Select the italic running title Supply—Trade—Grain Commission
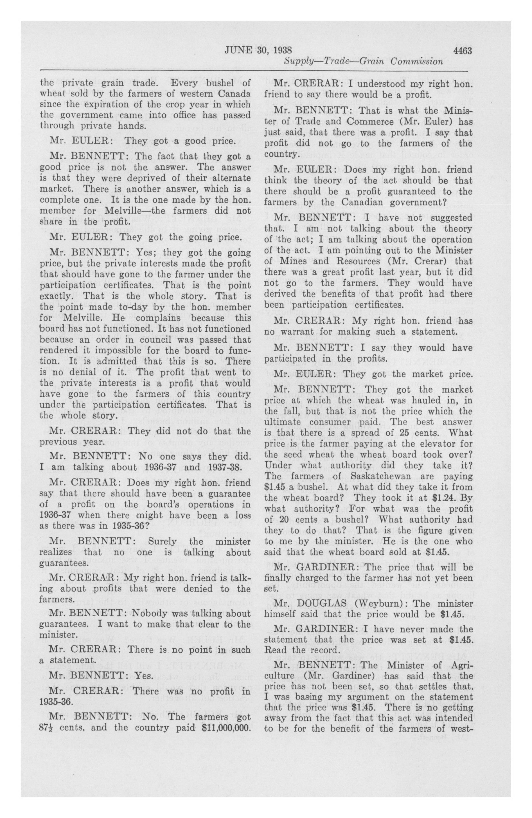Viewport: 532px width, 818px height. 363,62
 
